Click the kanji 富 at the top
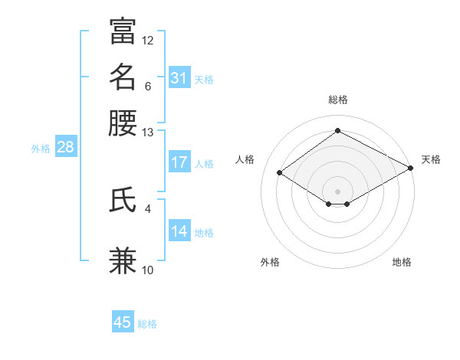click(123, 31)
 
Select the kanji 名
click(123, 77)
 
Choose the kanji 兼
click(123, 260)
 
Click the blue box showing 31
click(179, 77)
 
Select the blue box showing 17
click(179, 162)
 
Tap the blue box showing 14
click(179, 231)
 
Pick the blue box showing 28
click(65, 148)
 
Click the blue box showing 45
click(123, 322)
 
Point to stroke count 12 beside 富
click(148, 40)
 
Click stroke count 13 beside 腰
click(148, 133)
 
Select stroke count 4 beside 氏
click(148, 208)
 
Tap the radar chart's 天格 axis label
click(431, 159)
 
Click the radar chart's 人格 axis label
click(245, 159)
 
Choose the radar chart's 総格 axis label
click(338, 100)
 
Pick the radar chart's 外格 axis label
click(270, 262)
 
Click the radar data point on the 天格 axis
click(412, 168)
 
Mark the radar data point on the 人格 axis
click(280, 173)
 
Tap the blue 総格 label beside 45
click(147, 324)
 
